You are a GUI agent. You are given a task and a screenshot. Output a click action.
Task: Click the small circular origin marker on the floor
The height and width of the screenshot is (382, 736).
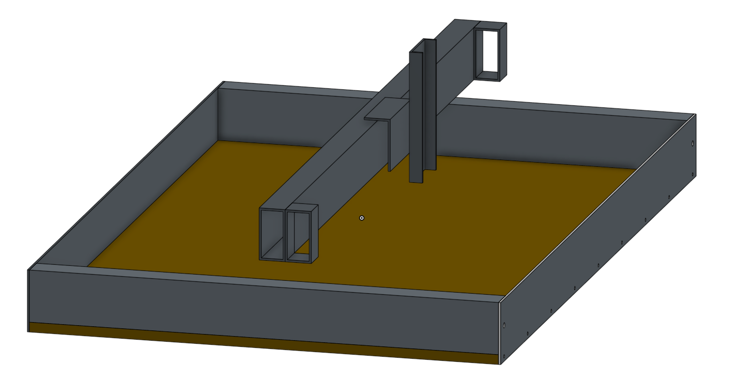(362, 218)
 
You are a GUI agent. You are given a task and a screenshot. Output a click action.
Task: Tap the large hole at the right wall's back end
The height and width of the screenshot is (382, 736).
(693, 144)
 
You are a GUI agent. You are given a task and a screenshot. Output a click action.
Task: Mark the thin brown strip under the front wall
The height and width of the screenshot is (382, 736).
(258, 342)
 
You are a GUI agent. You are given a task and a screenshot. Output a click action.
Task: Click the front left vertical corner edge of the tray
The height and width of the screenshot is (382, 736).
(28, 299)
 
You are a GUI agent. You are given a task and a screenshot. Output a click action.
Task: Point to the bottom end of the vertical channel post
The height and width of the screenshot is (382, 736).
(416, 181)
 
